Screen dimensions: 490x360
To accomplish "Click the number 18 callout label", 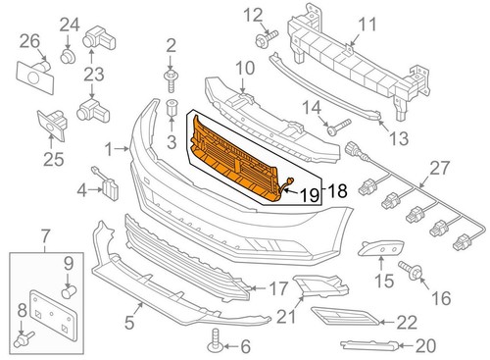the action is tap(336, 191).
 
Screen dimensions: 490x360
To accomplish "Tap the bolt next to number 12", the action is tap(267, 37).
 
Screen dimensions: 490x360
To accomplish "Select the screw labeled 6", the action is tap(215, 341).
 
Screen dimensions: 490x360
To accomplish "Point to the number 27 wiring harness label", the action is tap(439, 168).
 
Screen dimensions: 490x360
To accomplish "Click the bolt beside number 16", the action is tap(410, 270).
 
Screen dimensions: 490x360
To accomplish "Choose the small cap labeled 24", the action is tap(68, 56).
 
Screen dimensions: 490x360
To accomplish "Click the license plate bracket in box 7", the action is tap(54, 316).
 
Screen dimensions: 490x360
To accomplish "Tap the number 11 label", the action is tap(367, 25).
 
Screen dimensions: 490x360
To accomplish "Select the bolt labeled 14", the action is tap(339, 128).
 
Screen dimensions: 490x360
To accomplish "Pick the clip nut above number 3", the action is tap(172, 108).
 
